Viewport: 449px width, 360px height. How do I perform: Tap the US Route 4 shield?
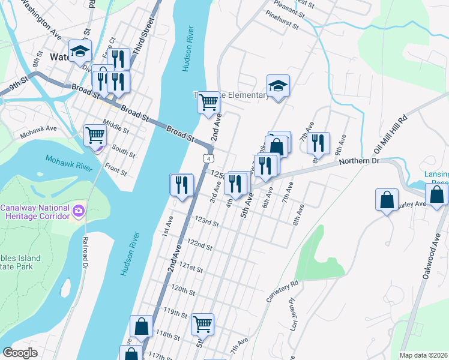pyautogui.click(x=208, y=157)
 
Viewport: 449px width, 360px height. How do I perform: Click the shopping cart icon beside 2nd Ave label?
pyautogui.click(x=208, y=101)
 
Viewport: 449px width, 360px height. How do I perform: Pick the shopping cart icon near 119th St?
pyautogui.click(x=202, y=323)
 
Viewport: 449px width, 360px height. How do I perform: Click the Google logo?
pyautogui.click(x=20, y=353)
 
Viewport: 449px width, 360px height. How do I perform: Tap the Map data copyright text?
pyautogui.click(x=423, y=355)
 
